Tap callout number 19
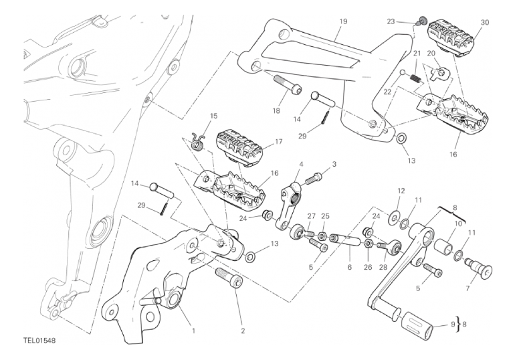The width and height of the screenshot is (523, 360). pos(342,21)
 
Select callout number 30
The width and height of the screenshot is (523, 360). pos(485,21)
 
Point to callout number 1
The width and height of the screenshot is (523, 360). pos(194,330)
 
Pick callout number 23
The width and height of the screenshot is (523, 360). pos(391,21)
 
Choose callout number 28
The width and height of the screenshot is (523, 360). pos(383,267)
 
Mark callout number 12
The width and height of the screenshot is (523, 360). pos(401,191)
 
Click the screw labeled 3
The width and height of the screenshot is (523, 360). pos(314,179)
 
